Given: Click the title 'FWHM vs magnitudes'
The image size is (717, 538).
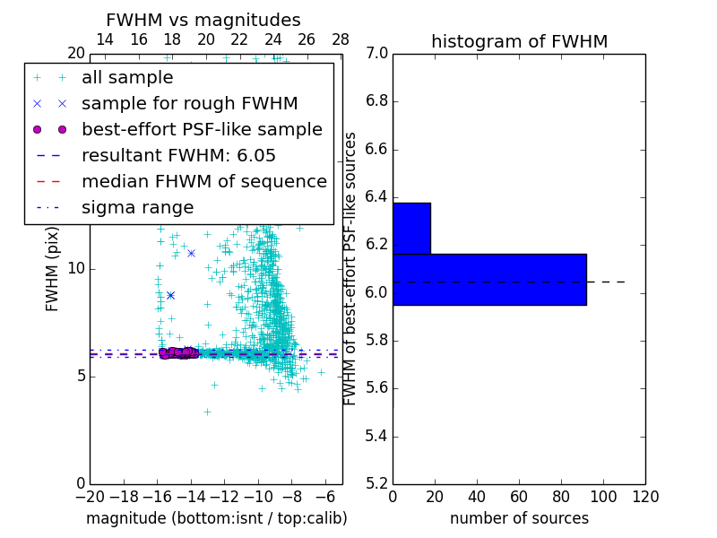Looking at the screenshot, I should (203, 20).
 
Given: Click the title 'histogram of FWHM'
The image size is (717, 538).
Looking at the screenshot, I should (519, 41).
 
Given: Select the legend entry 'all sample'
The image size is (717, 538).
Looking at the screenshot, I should (127, 78).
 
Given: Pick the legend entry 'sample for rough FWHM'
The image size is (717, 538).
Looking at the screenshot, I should (189, 103).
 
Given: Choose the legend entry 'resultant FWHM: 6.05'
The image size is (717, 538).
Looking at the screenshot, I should (178, 155).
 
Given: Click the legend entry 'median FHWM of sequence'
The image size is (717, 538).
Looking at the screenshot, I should (203, 181).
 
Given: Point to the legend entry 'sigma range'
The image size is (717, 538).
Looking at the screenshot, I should (137, 207).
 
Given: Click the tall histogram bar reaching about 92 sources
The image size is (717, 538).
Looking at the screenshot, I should (489, 280).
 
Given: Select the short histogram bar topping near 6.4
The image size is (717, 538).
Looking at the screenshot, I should (411, 229).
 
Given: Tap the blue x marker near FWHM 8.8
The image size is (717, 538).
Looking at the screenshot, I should (170, 295).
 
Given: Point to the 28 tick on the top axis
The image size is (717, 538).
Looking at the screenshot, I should (341, 39).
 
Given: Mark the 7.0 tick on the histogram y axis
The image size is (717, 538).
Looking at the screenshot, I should (376, 54).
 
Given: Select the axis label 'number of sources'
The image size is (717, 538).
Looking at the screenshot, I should (519, 518).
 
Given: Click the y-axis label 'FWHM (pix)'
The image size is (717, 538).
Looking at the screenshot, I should (53, 268).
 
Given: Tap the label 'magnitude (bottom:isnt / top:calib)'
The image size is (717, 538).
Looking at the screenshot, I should (216, 518).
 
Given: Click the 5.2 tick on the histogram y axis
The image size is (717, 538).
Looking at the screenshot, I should (376, 484).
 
